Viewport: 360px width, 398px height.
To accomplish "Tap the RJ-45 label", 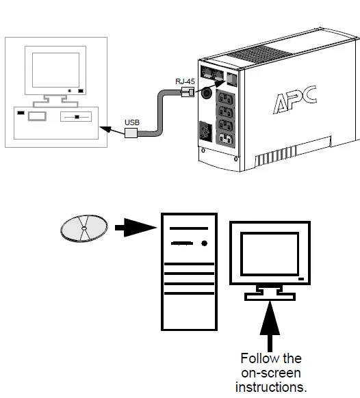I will [184, 81].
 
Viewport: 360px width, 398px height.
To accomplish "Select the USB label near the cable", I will [132, 122].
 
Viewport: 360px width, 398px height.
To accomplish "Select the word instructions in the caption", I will [271, 386].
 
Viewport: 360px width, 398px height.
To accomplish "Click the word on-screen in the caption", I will [271, 373].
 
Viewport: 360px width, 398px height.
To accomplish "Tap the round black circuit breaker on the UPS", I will [205, 96].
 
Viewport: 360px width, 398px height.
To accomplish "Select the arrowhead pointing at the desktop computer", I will [103, 127].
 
